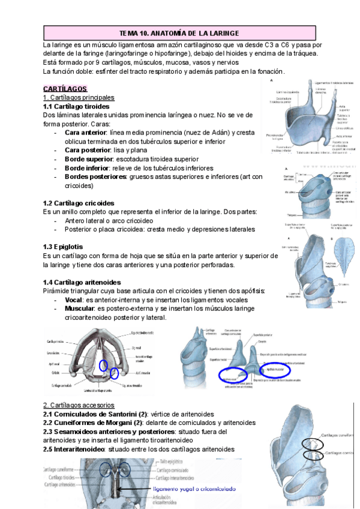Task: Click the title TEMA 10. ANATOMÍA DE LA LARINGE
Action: click(179, 33)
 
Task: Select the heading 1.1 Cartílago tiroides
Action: click(76, 106)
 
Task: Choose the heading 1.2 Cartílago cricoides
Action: click(79, 203)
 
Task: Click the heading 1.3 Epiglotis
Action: click(63, 247)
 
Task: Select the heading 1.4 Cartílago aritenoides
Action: click(82, 282)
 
